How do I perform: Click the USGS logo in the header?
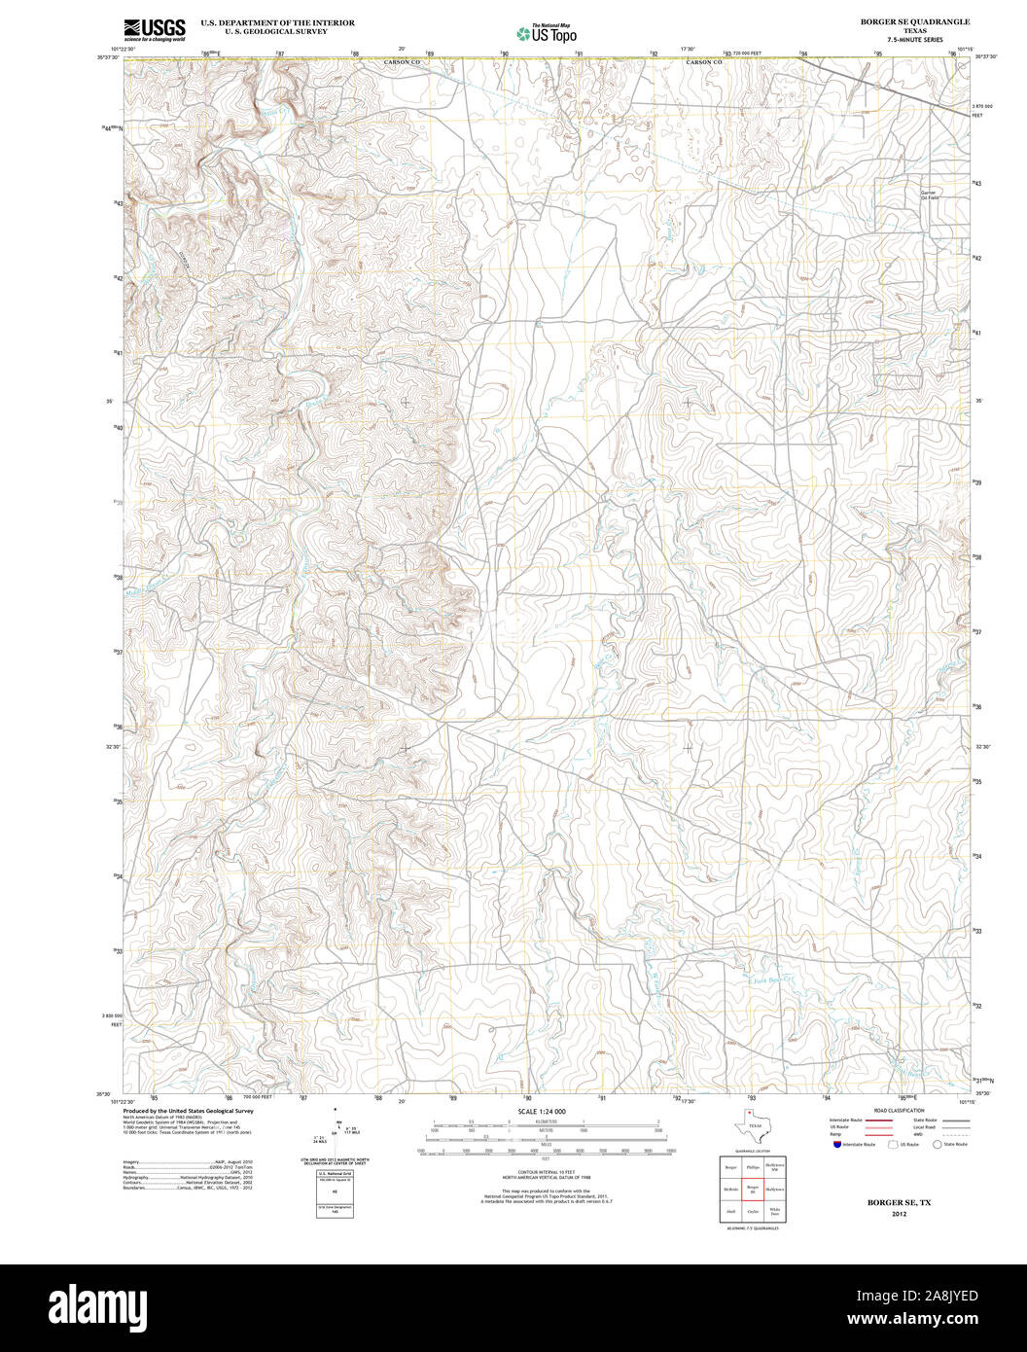tap(155, 30)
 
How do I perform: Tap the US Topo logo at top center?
tap(546, 33)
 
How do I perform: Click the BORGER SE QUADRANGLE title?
tap(901, 21)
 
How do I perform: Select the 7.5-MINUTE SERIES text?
tap(901, 40)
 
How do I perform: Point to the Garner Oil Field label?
tap(934, 195)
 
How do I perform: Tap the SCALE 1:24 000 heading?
tap(542, 1111)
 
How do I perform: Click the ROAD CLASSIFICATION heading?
tap(899, 1110)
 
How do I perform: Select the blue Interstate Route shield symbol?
tap(836, 1145)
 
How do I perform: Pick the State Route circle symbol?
tap(938, 1145)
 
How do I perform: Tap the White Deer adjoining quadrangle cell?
tap(775, 1212)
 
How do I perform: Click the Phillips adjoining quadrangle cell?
tap(752, 1166)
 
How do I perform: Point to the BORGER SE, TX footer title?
tap(900, 1203)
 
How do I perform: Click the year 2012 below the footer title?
tap(900, 1214)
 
